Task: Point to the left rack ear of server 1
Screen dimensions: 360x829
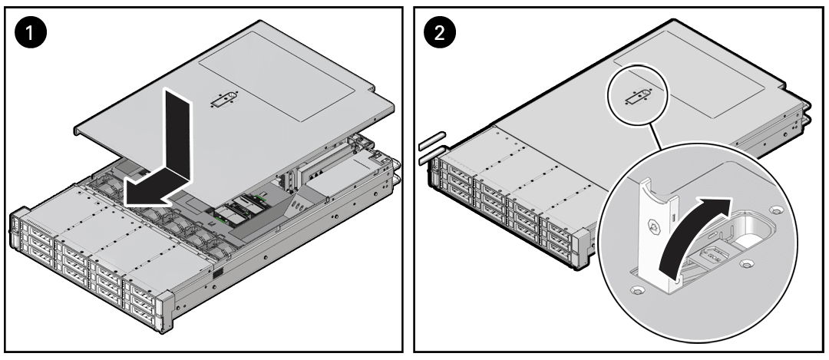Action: point(15,230)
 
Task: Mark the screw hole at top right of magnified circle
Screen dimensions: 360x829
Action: point(775,210)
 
